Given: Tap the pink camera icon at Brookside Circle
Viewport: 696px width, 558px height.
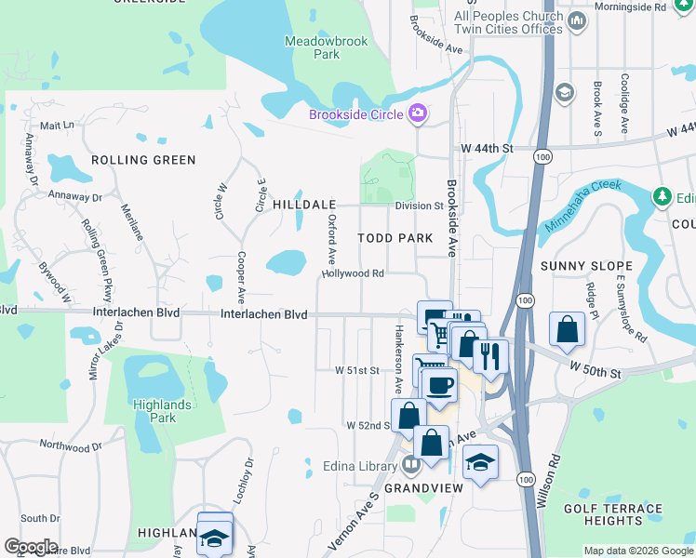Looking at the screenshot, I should [418, 113].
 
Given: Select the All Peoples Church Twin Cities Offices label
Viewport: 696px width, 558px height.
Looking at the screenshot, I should [508, 22].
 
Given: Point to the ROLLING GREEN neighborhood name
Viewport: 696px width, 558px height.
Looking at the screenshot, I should [143, 160].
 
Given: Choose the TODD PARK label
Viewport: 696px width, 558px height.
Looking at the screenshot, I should [395, 238].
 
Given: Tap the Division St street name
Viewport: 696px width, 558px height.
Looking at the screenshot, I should [418, 206].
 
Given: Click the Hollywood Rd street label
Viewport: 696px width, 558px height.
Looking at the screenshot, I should [353, 273].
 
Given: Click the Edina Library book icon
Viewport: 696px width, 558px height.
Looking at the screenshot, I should [411, 466].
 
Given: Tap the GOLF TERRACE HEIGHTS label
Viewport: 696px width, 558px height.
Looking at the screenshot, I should [612, 514].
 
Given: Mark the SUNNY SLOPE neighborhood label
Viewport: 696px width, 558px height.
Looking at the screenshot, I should [586, 266].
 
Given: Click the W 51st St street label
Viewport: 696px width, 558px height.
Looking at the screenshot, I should [358, 370].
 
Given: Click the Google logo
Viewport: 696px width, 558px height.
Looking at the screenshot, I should [31, 547].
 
